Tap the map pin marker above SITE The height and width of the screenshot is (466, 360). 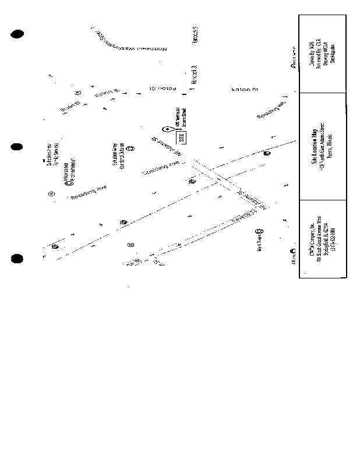tap(166, 129)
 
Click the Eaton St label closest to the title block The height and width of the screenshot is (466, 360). tap(245, 90)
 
